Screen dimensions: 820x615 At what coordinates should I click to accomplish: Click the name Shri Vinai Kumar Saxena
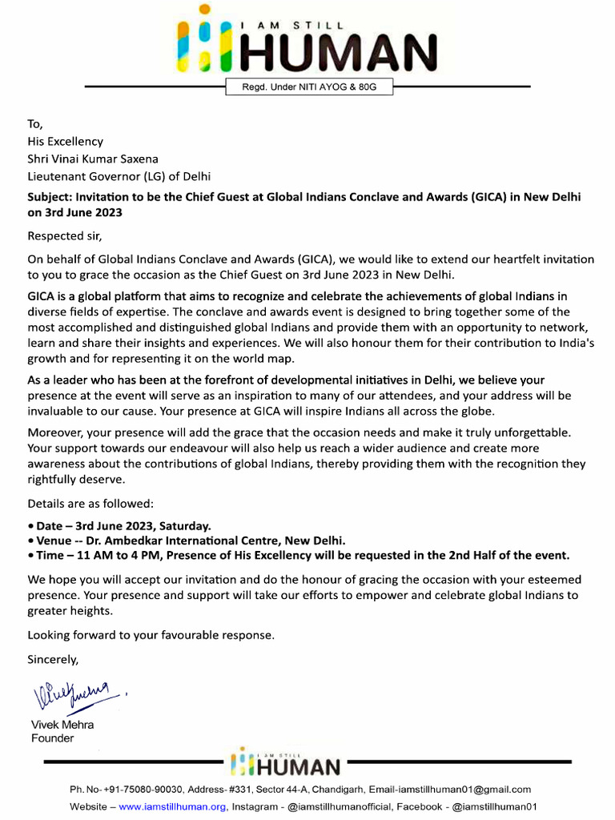pos(93,159)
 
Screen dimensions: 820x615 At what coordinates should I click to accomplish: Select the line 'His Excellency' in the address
pos(66,142)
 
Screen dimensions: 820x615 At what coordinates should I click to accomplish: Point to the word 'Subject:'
pos(53,197)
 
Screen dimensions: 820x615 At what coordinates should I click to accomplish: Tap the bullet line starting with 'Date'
pos(119,526)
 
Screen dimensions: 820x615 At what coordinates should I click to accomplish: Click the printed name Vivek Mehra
pos(62,725)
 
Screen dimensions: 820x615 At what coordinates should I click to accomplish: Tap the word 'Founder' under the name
pos(52,738)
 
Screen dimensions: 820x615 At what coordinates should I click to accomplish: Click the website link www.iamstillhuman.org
pos(173,806)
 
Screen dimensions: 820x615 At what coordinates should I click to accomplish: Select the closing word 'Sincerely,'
pos(54,660)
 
